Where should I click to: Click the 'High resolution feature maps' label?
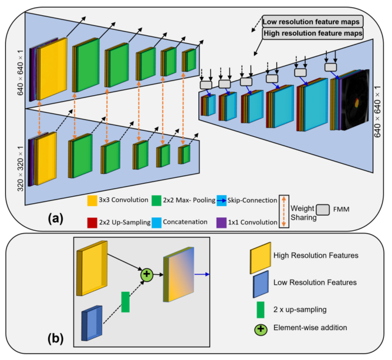312,34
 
